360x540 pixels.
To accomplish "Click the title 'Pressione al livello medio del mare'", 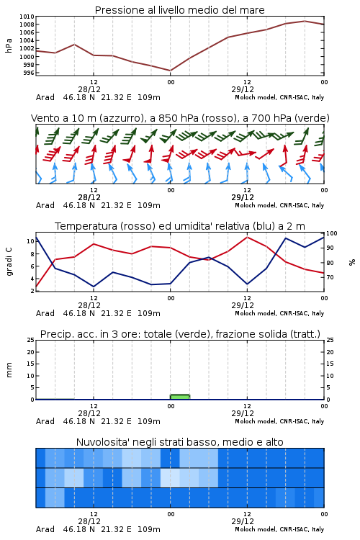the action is click(x=179, y=10).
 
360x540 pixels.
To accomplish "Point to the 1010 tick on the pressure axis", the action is click(x=27, y=17).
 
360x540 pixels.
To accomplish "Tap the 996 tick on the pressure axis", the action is click(x=29, y=73).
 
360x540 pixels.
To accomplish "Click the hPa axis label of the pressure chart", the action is click(x=9, y=45).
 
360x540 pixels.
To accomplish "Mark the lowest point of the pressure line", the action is click(x=170, y=71).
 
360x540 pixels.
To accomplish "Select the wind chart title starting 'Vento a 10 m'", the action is click(x=180, y=118).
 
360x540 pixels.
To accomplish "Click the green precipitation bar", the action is click(x=180, y=397).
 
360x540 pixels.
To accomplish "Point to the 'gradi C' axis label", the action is click(x=9, y=261).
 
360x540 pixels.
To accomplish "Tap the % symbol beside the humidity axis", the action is click(x=352, y=262).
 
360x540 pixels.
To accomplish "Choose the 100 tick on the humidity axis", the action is click(x=332, y=233).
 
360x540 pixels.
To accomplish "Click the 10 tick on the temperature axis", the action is click(x=30, y=241).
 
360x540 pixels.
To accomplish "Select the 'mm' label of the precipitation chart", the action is click(x=9, y=370).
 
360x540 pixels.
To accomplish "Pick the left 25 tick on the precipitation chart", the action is click(x=30, y=340).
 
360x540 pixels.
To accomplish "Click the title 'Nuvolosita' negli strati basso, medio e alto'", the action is click(x=179, y=442).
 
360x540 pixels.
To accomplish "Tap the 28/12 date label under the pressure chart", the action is click(x=89, y=89).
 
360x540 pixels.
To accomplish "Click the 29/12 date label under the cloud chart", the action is click(x=243, y=521).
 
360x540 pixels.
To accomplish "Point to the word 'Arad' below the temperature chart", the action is click(x=45, y=313).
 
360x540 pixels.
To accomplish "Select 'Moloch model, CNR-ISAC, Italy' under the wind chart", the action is click(x=279, y=205).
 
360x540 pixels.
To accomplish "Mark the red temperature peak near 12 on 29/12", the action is click(x=247, y=237).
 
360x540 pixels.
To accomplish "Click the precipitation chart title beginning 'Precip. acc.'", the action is click(x=180, y=334).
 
